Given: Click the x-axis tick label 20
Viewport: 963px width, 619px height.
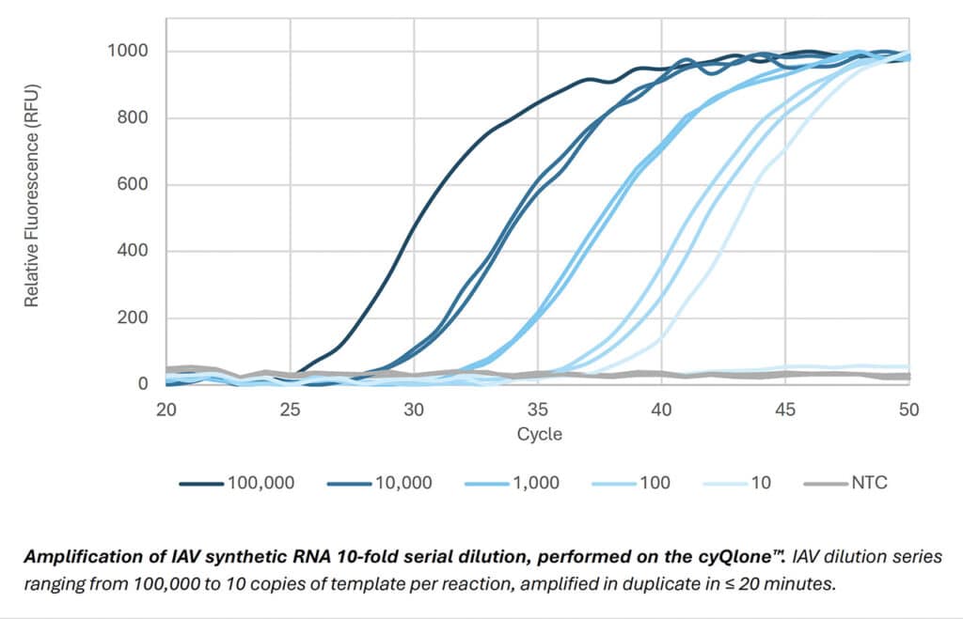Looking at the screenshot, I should [166, 409].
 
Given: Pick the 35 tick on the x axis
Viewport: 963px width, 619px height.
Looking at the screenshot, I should [538, 409].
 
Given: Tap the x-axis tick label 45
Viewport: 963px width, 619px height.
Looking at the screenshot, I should [785, 409].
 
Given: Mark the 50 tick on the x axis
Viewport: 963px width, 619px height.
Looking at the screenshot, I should [908, 409].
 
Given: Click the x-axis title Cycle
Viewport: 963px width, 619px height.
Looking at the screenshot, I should [538, 434].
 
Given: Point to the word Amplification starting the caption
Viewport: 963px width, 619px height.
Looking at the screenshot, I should [74, 556].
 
